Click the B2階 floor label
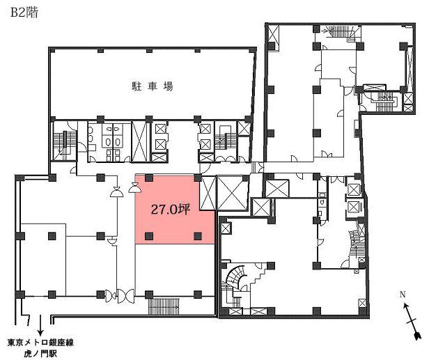[24, 13]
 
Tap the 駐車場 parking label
[152, 86]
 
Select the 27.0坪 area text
[171, 210]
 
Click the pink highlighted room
[175, 209]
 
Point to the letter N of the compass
[403, 295]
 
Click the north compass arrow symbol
[411, 321]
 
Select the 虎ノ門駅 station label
[40, 354]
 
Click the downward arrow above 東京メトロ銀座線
[40, 325]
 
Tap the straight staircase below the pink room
[164, 306]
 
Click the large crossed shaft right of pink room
[231, 194]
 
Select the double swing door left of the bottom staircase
[125, 296]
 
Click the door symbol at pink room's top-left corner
[134, 188]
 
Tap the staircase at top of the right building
[340, 32]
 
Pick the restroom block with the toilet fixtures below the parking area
[109, 142]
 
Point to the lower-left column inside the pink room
[148, 236]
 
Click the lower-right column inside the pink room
[198, 236]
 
